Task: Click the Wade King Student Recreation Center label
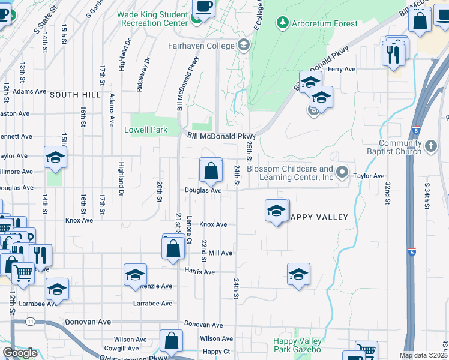[x=153, y=18]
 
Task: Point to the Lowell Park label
[x=146, y=130]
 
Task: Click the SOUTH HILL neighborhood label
[x=74, y=95]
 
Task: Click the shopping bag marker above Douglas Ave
[x=211, y=172]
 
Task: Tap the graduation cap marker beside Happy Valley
[x=276, y=212]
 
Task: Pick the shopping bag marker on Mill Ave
[x=173, y=249]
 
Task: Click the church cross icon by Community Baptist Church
[x=430, y=146]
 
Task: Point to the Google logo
[x=20, y=353]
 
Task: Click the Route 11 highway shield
[x=30, y=322]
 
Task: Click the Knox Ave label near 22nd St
[x=213, y=224]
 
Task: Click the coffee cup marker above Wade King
[x=203, y=8]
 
